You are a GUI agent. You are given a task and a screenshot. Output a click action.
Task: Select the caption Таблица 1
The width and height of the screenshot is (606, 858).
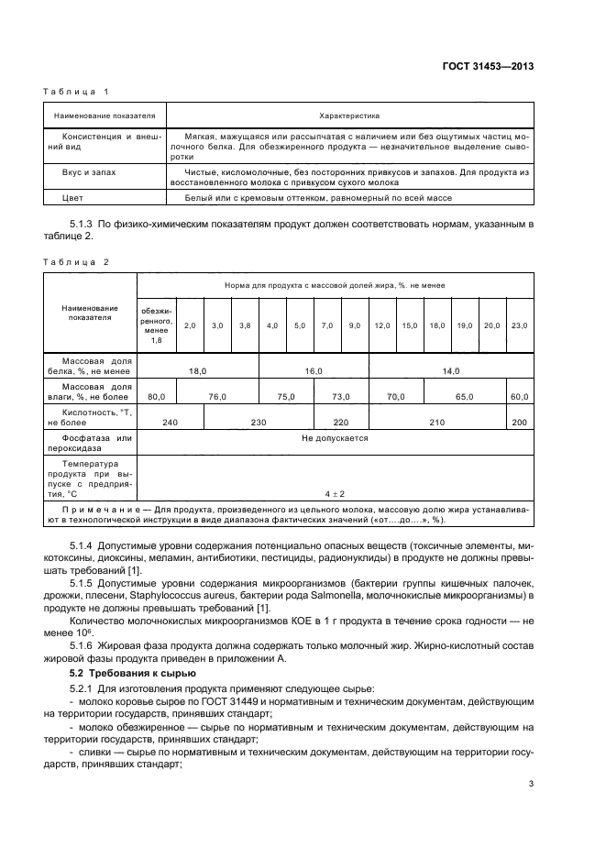click(76, 92)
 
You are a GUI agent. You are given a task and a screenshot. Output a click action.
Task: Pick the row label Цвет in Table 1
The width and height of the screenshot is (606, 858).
click(72, 197)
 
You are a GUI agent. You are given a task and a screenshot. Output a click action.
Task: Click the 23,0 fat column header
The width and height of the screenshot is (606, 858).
click(519, 325)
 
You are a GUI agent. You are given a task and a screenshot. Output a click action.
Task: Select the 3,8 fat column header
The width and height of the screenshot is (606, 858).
click(245, 325)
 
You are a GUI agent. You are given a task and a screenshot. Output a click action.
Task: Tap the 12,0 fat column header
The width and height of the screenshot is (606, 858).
click(381, 325)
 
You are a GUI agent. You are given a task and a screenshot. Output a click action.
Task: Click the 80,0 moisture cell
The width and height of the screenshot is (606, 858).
click(157, 396)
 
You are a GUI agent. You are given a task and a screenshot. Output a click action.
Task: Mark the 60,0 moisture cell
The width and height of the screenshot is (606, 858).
click(519, 396)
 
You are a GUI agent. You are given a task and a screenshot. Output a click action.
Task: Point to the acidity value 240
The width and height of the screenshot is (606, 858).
click(170, 421)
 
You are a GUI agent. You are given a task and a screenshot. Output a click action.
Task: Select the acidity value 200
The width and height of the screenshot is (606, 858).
click(519, 421)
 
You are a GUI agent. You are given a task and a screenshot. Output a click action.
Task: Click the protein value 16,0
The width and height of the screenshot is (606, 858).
click(314, 370)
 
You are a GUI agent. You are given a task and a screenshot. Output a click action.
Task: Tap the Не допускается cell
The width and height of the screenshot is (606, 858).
click(335, 438)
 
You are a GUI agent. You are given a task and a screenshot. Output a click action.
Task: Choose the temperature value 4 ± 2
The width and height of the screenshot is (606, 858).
click(335, 494)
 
